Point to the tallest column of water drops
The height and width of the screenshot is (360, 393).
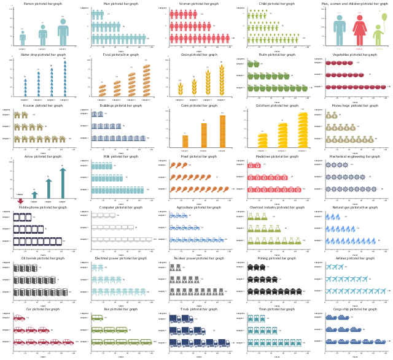click(64, 77)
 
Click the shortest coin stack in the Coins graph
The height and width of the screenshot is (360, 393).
click(185, 140)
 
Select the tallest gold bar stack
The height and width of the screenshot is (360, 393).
click(303, 129)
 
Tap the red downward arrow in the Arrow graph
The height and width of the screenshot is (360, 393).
click(20, 201)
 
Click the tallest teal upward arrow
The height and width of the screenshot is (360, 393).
click(62, 182)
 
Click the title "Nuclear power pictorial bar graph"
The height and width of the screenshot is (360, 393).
click(199, 258)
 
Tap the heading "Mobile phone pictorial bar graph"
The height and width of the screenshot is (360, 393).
click(42, 207)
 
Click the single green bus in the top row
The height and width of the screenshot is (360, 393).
click(97, 318)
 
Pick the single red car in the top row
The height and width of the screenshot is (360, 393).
click(19, 318)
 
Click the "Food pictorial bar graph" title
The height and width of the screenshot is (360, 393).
click(120, 55)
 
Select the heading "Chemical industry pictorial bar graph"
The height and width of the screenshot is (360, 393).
click(277, 207)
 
